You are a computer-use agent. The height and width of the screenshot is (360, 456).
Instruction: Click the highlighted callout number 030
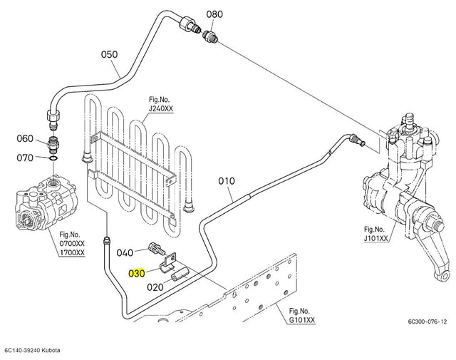click(x=137, y=273)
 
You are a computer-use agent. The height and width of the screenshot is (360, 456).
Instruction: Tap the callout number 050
click(x=109, y=54)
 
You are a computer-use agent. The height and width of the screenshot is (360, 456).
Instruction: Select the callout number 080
click(x=214, y=14)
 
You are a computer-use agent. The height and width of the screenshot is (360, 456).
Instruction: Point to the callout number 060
click(x=25, y=138)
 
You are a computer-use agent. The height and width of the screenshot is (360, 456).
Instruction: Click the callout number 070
click(x=25, y=158)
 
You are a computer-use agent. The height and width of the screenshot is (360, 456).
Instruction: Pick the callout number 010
click(x=227, y=181)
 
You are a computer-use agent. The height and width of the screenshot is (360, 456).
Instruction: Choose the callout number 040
click(x=125, y=252)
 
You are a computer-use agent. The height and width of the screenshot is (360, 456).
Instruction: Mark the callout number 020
click(x=155, y=287)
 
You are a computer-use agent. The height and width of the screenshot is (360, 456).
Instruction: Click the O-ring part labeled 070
click(x=53, y=158)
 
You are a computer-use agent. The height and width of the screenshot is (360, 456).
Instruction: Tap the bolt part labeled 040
click(x=157, y=248)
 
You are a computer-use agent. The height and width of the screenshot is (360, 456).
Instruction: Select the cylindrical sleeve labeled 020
click(x=180, y=275)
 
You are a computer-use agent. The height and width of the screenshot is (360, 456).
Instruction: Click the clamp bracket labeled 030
click(x=168, y=263)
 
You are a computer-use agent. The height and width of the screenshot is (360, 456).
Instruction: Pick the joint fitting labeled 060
click(x=53, y=145)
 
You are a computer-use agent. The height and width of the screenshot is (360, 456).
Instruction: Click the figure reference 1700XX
click(x=72, y=252)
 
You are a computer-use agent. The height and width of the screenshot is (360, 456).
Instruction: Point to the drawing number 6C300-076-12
click(x=427, y=322)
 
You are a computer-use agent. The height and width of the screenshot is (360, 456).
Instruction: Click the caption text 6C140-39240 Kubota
click(x=32, y=350)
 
